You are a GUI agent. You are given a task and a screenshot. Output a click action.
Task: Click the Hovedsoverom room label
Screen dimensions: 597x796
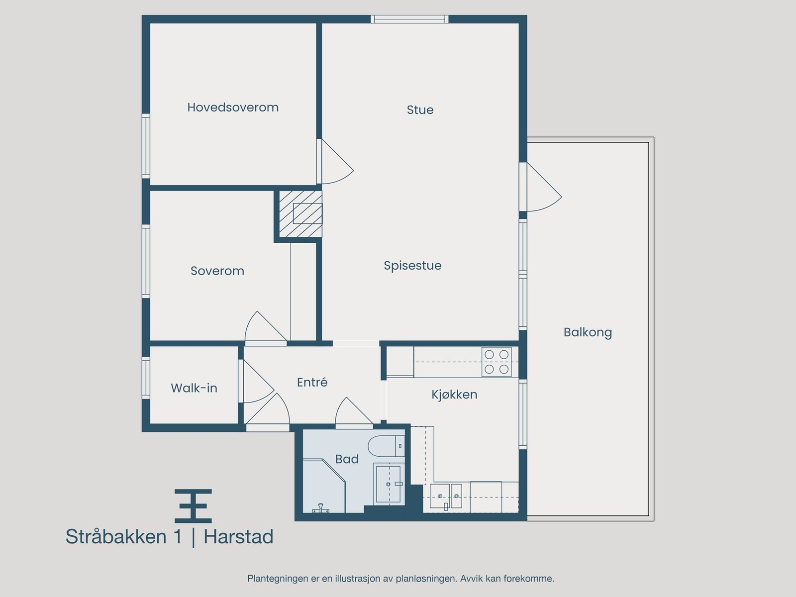coord(233,107)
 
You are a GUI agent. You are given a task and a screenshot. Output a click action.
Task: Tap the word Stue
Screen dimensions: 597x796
coord(420,110)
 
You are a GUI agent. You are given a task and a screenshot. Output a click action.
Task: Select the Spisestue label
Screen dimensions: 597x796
coord(412,266)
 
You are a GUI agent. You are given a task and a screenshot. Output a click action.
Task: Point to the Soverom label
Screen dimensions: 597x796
coord(217,271)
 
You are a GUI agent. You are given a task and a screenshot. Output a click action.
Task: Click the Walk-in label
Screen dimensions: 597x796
coord(194,389)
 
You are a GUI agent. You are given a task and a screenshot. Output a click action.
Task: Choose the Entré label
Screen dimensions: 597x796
coord(312,383)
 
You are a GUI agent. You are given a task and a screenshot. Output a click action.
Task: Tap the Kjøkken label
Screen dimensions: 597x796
coord(454,395)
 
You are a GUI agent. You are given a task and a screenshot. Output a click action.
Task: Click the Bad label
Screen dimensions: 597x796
coord(347,459)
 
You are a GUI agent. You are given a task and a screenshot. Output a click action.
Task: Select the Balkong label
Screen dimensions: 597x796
coord(588,332)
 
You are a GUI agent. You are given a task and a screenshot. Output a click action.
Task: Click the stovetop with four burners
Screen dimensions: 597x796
coord(497,362)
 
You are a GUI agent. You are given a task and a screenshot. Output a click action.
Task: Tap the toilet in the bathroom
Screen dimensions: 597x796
coord(387,446)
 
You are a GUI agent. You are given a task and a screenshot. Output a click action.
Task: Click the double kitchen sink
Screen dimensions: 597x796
coord(446,496)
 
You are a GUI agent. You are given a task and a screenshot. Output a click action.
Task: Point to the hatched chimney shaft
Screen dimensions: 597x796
coord(300,213)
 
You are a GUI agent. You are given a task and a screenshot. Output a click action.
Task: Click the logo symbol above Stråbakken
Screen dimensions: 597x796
coord(193,505)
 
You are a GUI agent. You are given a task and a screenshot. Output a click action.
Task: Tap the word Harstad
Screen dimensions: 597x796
coord(238,537)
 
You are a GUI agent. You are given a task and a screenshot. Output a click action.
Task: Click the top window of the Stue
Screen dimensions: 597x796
coord(409,19)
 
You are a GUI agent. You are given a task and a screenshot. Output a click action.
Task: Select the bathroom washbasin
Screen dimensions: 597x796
coord(388,483)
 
